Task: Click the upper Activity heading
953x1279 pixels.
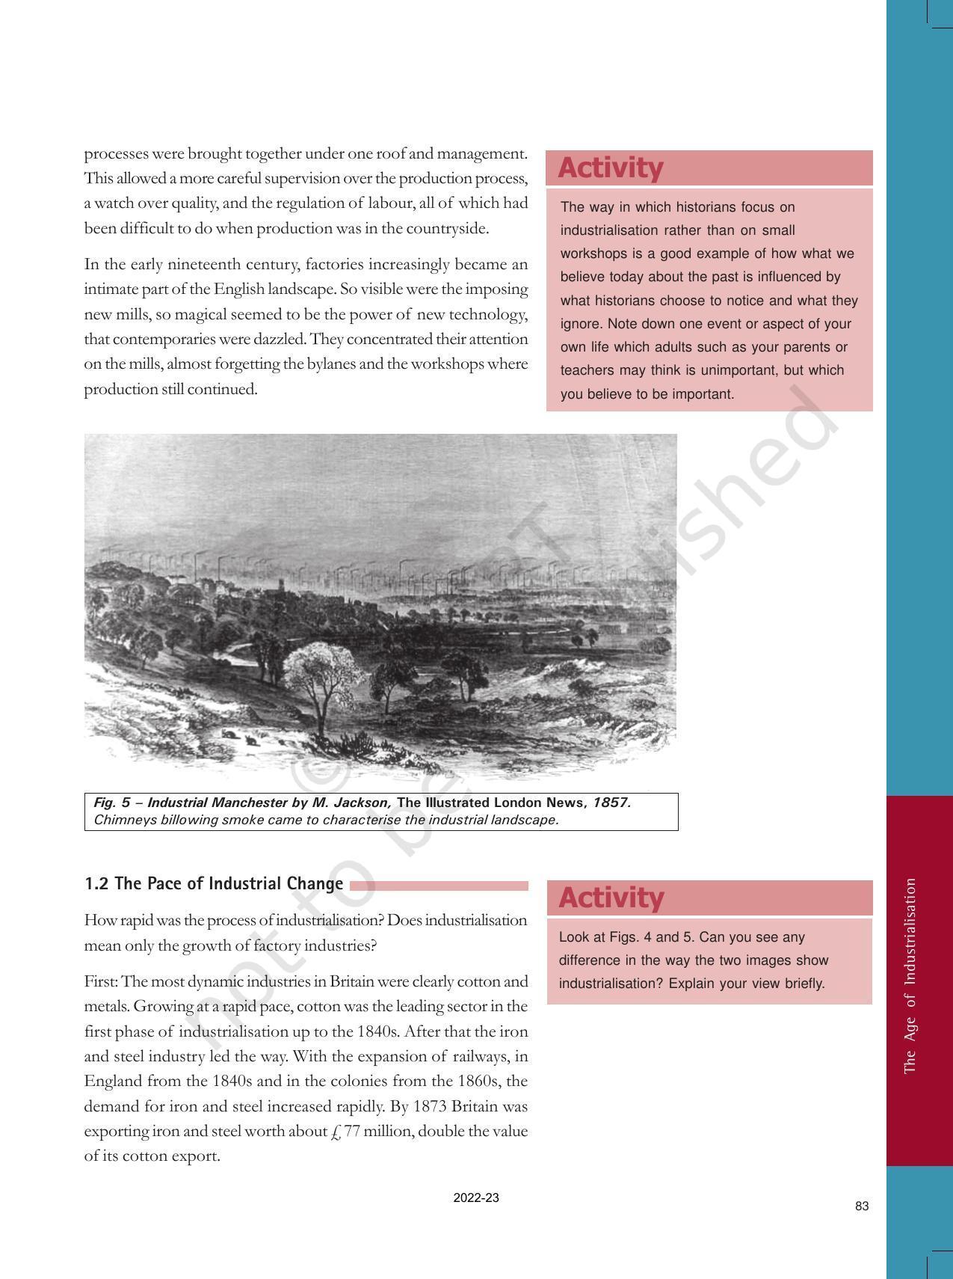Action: point(610,168)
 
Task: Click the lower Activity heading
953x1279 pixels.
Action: point(611,898)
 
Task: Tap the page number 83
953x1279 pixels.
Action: point(862,1206)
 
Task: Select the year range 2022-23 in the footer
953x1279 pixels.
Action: point(476,1197)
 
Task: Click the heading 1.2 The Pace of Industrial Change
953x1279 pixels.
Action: point(214,884)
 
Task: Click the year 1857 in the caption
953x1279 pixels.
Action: point(612,803)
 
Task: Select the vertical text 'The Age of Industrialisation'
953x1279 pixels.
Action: point(910,977)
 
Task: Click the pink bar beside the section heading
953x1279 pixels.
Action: point(439,886)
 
